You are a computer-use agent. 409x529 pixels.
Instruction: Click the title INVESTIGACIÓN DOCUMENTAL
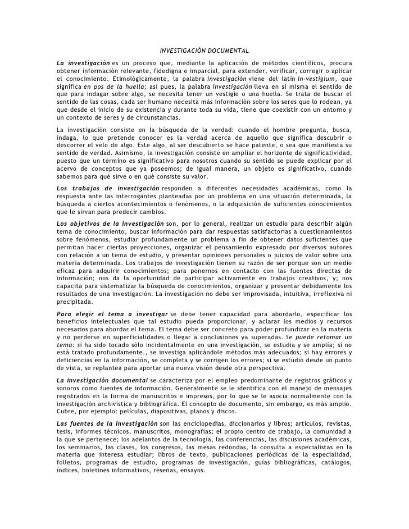coord(204,52)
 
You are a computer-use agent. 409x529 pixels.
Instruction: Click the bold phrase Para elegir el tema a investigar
coord(112,313)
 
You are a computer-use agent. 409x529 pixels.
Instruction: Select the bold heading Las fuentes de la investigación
coord(107,422)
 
